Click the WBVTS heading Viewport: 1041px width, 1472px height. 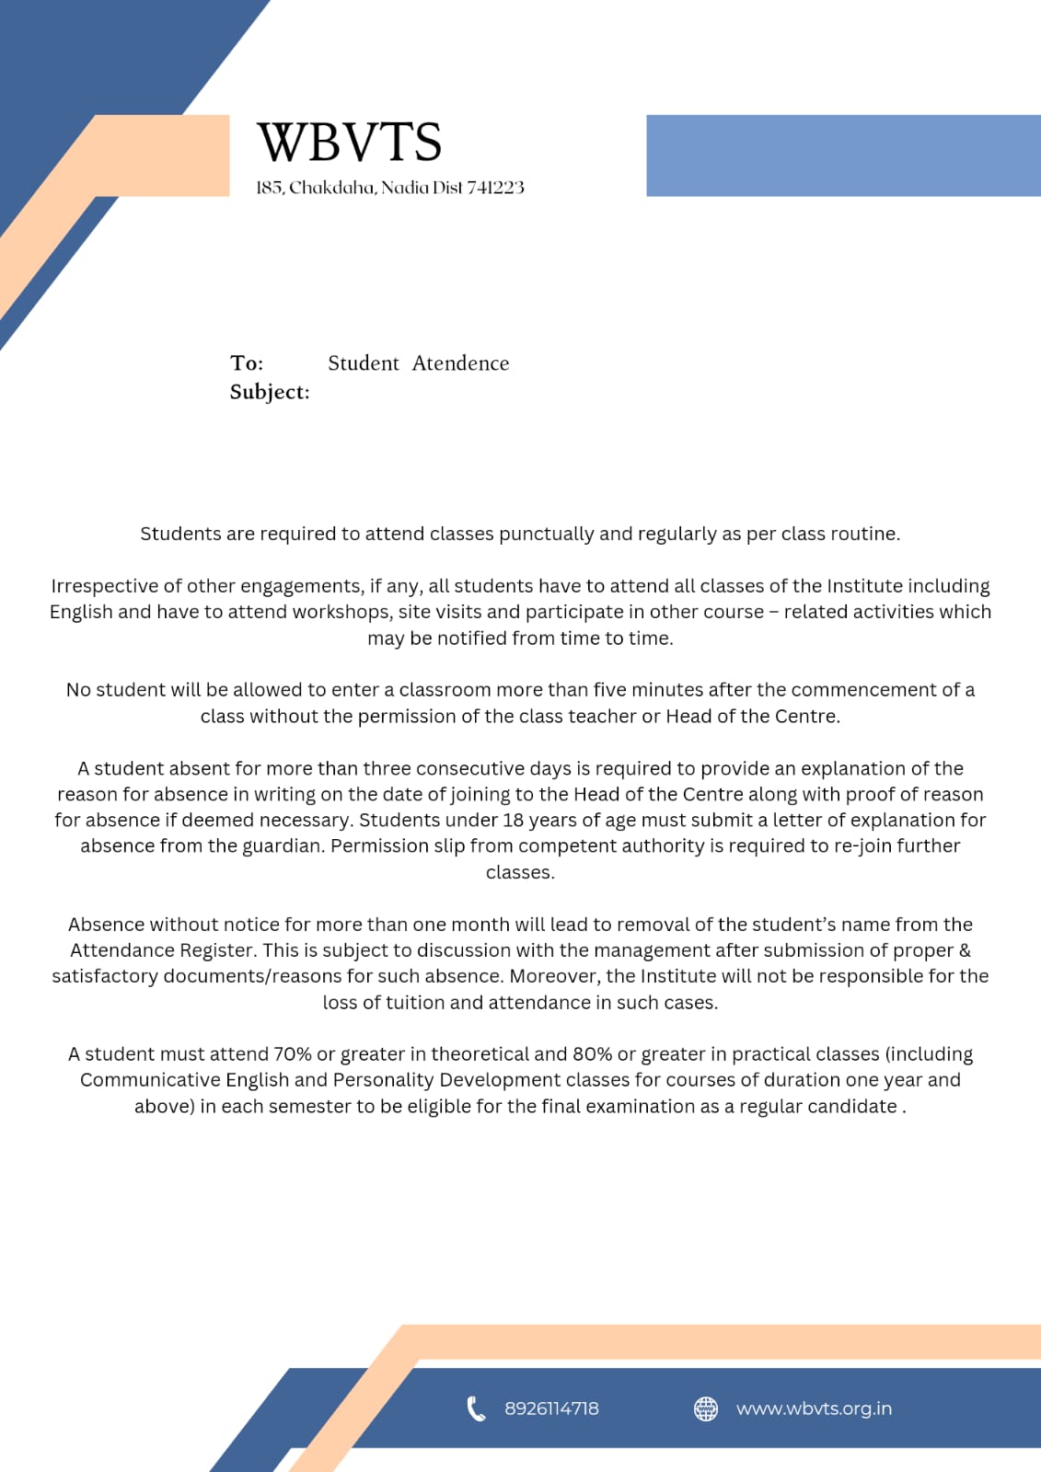(x=349, y=142)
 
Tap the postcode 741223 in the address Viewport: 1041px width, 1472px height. (x=495, y=188)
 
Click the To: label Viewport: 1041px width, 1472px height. (x=247, y=363)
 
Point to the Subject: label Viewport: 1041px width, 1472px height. (x=270, y=392)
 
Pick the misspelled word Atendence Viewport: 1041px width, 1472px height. (x=460, y=363)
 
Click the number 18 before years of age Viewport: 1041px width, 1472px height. (x=513, y=821)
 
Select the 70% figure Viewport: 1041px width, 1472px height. (x=292, y=1054)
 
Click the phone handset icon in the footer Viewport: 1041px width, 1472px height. (x=476, y=1409)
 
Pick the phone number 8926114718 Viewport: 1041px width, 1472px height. (x=551, y=1409)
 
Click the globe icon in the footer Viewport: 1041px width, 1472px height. (x=706, y=1409)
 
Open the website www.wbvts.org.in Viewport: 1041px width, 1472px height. (x=814, y=1409)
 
